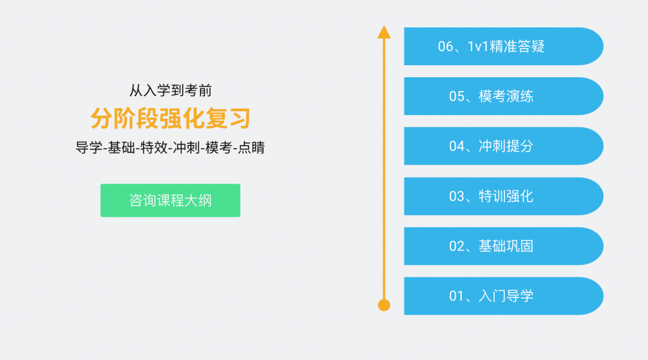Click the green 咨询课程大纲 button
[x=170, y=201]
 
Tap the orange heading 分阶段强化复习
[x=170, y=118]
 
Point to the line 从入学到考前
[x=170, y=90]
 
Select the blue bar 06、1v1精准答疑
[x=503, y=46]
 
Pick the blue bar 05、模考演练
[x=503, y=96]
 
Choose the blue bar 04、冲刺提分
[x=503, y=146]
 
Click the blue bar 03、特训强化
[x=503, y=196]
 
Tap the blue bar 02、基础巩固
[x=503, y=246]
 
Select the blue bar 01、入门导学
[x=503, y=296]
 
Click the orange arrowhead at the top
[x=384, y=32]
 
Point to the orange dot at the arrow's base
[x=384, y=305]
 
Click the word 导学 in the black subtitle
[x=89, y=147]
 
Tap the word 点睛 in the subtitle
[x=251, y=147]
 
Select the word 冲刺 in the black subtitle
[x=187, y=147]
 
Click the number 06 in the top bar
[x=445, y=47]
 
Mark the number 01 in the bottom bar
[x=457, y=296]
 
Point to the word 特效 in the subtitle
[x=154, y=147]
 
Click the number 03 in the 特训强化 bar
[x=457, y=196]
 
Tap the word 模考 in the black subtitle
[x=218, y=147]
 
